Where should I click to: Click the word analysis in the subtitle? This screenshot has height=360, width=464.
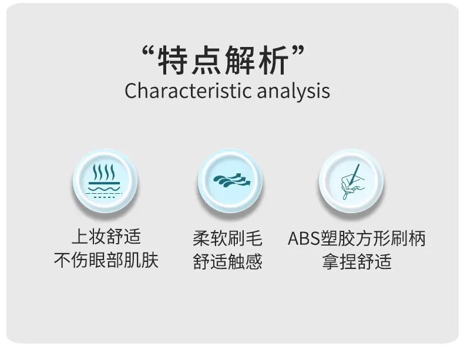(x=294, y=90)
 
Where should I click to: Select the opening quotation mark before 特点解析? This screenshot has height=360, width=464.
(x=149, y=52)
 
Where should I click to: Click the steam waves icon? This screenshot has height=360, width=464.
(x=105, y=181)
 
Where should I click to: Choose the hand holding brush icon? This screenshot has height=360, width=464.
(x=352, y=181)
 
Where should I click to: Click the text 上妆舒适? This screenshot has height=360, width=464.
(x=106, y=236)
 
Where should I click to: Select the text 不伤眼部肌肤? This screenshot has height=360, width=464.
(x=106, y=260)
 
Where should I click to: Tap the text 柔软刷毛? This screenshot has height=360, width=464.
(x=227, y=238)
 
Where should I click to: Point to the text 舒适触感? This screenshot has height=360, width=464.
(x=227, y=261)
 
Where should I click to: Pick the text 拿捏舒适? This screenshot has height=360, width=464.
(x=357, y=261)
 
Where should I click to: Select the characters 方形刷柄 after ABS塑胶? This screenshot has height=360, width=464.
(x=391, y=238)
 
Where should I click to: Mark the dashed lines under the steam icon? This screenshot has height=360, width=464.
(x=104, y=195)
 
